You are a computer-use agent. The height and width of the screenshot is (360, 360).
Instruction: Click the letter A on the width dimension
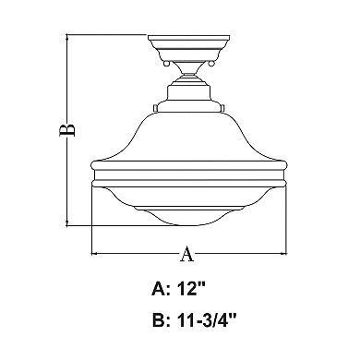186,253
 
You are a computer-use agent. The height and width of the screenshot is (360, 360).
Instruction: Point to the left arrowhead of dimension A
93,253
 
